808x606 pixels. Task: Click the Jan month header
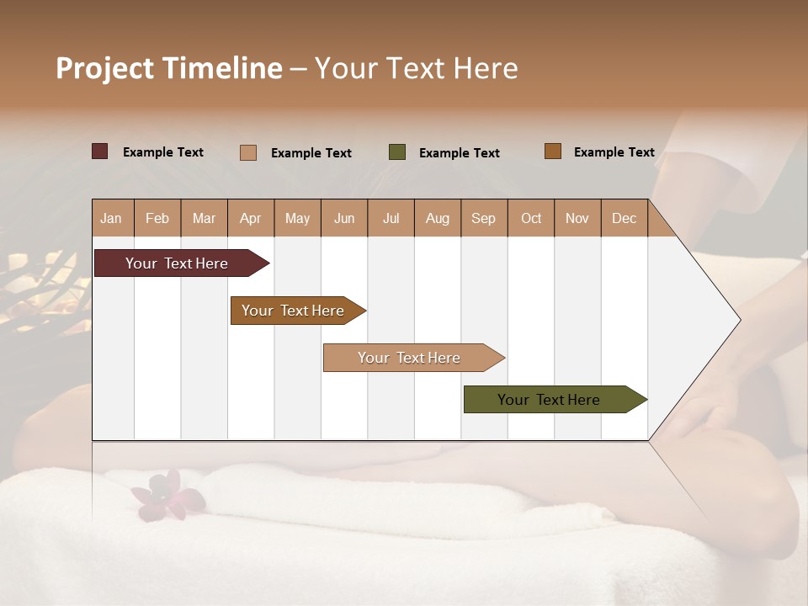(x=111, y=218)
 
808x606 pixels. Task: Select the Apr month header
(x=250, y=218)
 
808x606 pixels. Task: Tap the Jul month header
(x=391, y=218)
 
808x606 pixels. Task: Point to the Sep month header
(x=483, y=218)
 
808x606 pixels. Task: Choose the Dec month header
(x=624, y=218)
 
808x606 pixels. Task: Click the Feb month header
(x=157, y=218)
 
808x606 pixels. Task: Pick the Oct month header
(x=531, y=218)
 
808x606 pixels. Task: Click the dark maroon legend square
(x=100, y=151)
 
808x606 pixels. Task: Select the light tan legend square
(x=248, y=152)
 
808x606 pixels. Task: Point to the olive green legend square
(x=397, y=152)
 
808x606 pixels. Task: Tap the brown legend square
(x=552, y=151)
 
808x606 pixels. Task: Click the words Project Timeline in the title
(x=168, y=68)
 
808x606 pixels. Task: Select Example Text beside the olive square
(x=459, y=153)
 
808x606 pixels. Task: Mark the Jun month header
(x=344, y=218)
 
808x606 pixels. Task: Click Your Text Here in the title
(x=416, y=68)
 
